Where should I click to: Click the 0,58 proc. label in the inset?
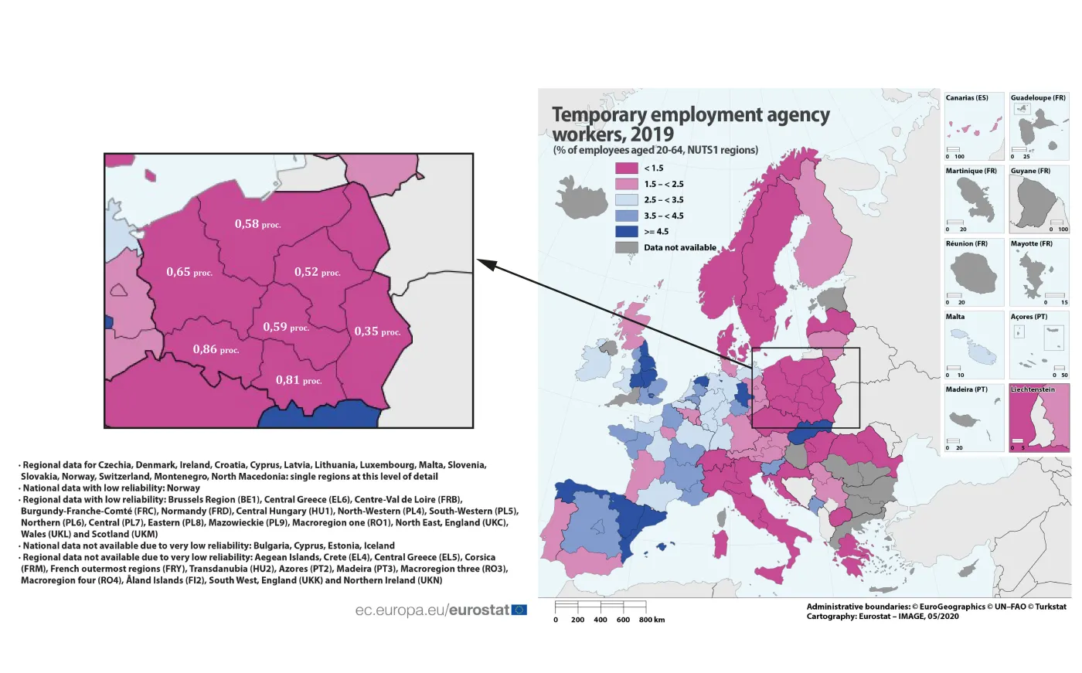(x=257, y=224)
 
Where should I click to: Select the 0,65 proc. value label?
(x=189, y=272)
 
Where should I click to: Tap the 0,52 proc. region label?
(x=317, y=272)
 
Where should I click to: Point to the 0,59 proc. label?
(x=285, y=327)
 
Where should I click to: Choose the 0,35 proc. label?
(x=377, y=331)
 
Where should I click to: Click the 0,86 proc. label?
(x=216, y=349)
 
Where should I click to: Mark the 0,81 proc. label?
(x=298, y=380)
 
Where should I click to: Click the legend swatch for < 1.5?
(x=626, y=168)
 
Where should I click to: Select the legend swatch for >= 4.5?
(x=626, y=232)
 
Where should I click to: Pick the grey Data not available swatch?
(x=626, y=247)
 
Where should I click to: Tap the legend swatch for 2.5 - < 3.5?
(x=626, y=200)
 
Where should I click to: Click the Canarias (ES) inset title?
(x=967, y=98)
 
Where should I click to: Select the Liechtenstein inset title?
(x=1033, y=389)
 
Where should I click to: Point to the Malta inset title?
(x=955, y=317)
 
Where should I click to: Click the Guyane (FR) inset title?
(x=1030, y=171)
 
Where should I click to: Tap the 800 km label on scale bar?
(x=652, y=620)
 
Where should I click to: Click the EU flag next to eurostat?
(x=519, y=610)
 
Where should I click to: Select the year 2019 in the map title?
(x=652, y=134)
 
